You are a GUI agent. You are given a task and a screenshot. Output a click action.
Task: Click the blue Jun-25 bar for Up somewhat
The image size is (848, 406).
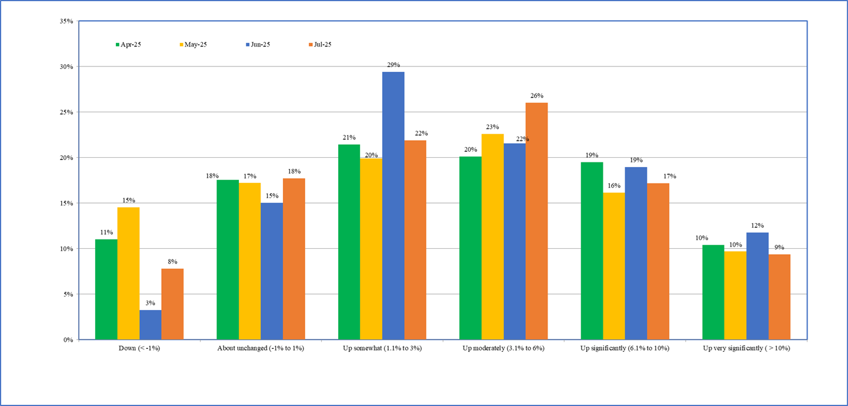pos(393,206)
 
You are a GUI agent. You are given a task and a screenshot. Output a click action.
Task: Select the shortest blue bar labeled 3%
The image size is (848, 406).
pos(151,325)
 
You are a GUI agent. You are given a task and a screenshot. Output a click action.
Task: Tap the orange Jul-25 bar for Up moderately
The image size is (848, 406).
pos(536,221)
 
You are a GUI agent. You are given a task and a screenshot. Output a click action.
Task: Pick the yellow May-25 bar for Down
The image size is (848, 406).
pos(128,274)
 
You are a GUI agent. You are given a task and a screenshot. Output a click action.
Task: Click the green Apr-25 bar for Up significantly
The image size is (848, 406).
pos(592,251)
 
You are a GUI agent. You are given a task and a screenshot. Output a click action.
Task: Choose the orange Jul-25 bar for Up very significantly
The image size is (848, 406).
pos(779,297)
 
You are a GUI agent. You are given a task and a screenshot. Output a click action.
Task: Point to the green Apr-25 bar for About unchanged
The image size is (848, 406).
pos(228,259)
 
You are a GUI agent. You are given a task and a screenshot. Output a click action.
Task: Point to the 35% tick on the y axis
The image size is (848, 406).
pos(66,21)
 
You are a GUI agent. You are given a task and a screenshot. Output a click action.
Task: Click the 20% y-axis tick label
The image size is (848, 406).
pos(66,158)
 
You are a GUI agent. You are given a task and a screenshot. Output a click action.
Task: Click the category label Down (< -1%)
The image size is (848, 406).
pos(139,348)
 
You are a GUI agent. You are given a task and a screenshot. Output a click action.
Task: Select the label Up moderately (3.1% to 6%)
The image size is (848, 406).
pos(503,348)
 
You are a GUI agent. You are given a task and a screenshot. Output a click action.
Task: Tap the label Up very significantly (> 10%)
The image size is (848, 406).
pos(746,348)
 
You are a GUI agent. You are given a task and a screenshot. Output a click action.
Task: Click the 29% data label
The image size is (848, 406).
pos(393,65)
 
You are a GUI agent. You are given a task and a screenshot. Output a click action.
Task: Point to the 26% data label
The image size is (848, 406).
pos(536,96)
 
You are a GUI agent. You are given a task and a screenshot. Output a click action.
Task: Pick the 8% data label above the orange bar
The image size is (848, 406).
pos(172,262)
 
